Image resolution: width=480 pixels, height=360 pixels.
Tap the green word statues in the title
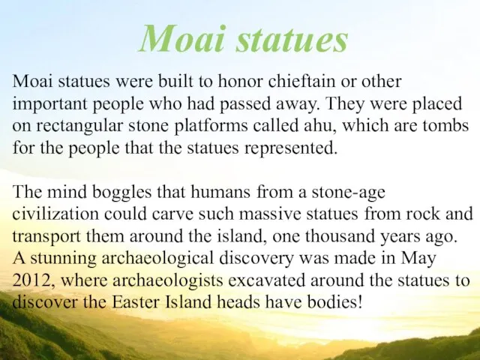(x=292, y=40)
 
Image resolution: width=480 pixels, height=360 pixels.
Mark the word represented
(x=290, y=148)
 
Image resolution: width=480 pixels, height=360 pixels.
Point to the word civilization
(x=55, y=214)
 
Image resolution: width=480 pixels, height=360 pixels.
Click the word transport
(x=46, y=237)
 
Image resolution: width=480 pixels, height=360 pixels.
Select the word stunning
(x=63, y=259)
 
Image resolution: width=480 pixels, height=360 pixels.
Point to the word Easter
(x=136, y=302)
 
